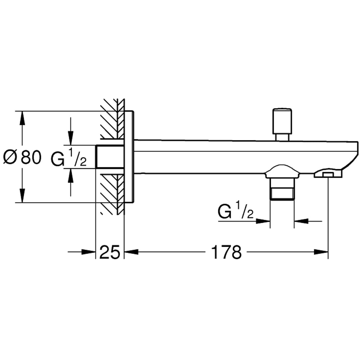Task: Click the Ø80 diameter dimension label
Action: (x=22, y=157)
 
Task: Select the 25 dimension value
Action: (x=109, y=253)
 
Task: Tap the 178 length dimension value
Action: (x=226, y=253)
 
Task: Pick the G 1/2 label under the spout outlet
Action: (x=236, y=212)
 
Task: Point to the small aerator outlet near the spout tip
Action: (x=328, y=175)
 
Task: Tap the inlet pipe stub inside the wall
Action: (x=110, y=157)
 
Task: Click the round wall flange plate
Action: (x=129, y=157)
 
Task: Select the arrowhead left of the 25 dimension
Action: (x=88, y=253)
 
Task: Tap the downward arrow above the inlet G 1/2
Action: (x=71, y=139)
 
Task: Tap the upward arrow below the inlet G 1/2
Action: (x=71, y=175)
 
